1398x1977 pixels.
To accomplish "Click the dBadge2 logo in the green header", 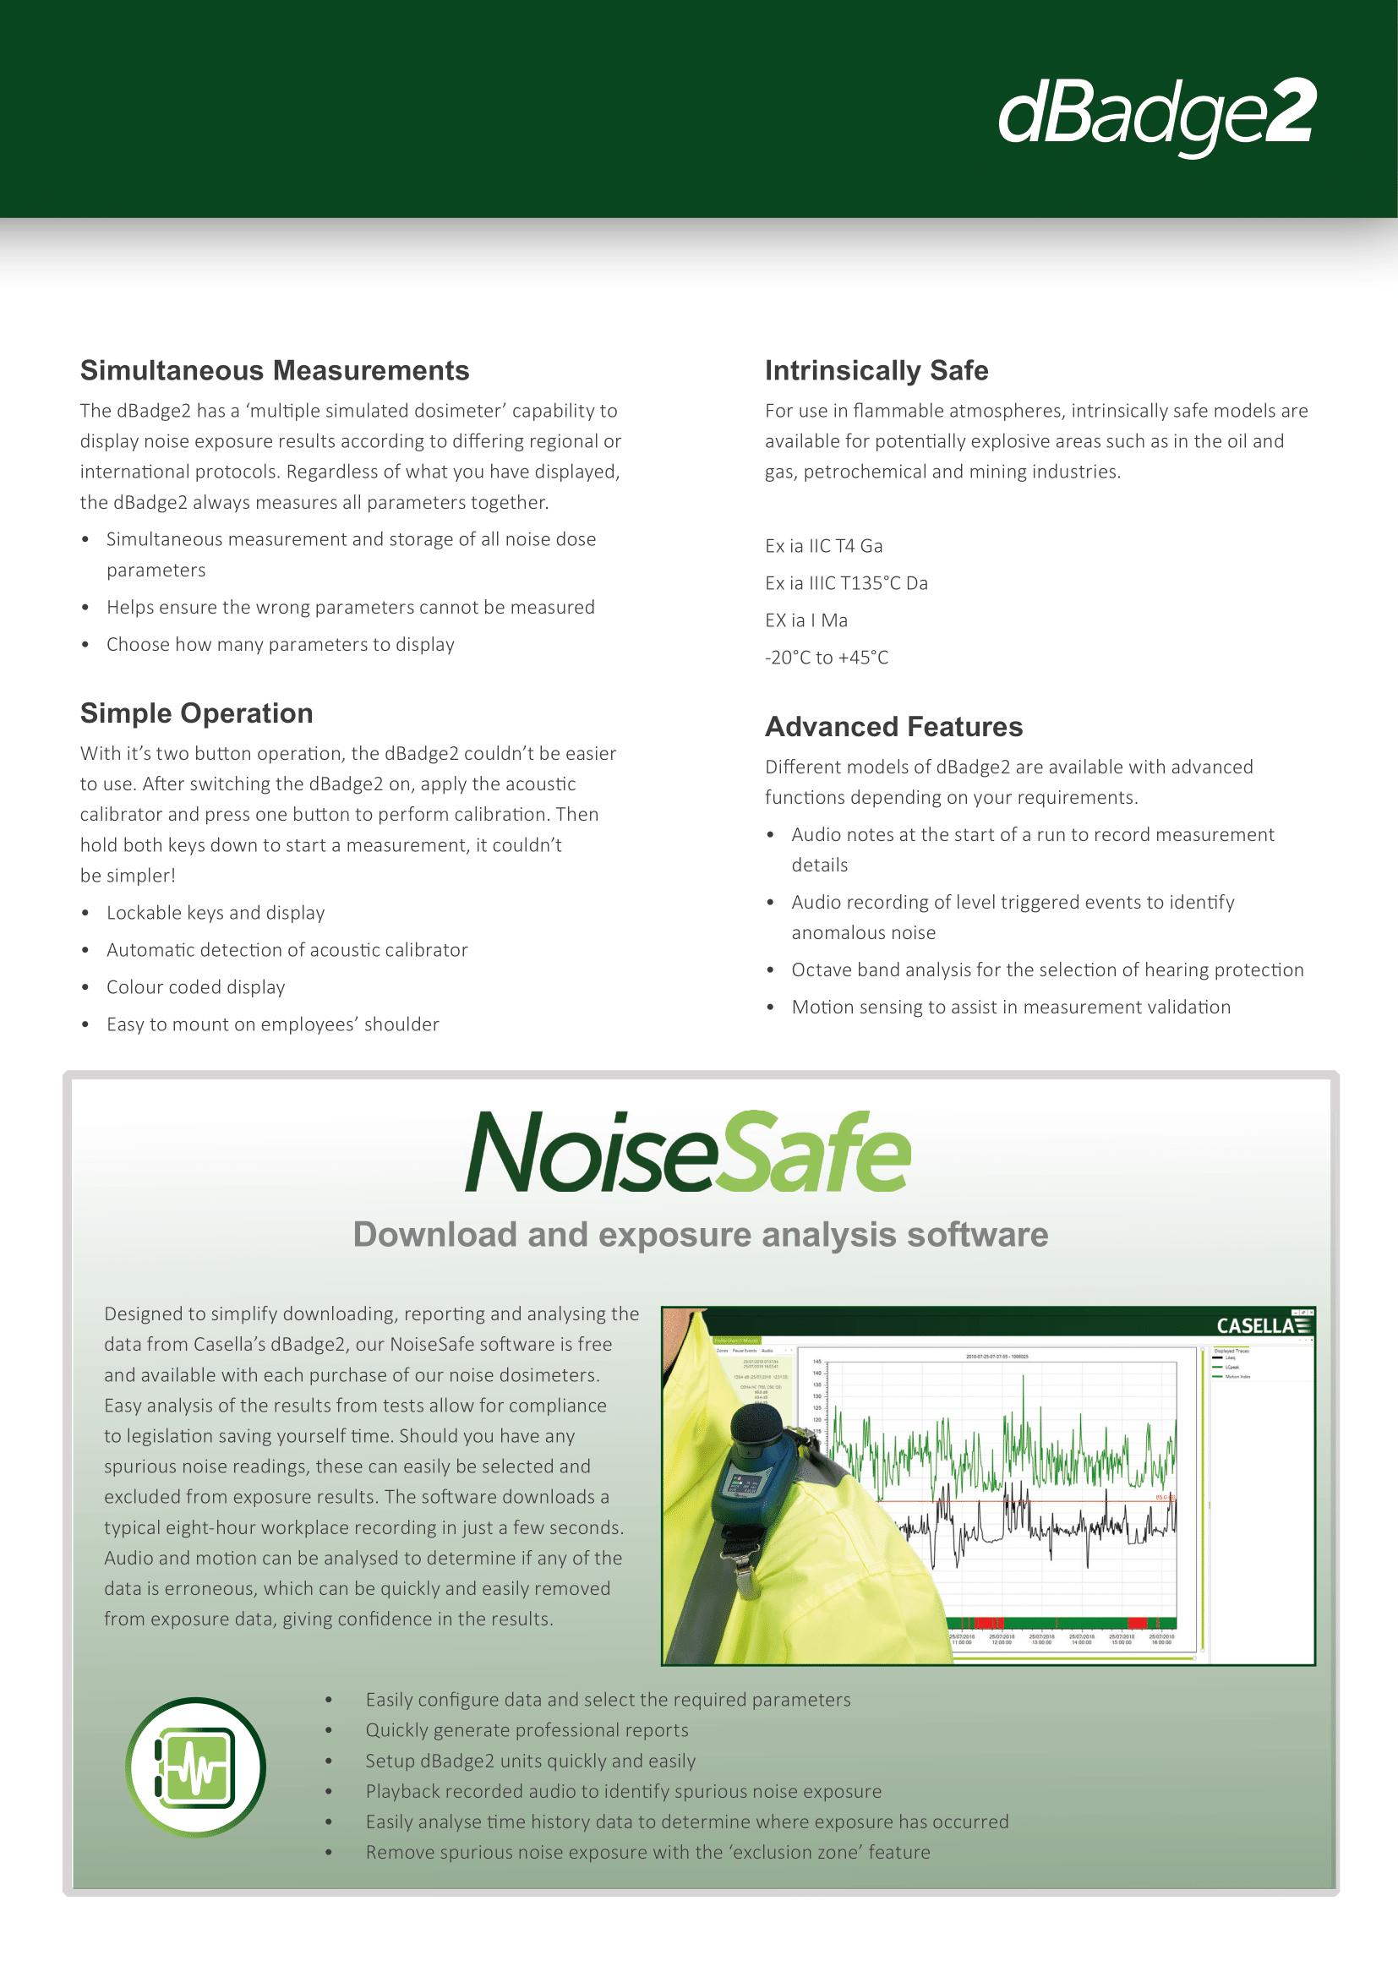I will coord(1156,114).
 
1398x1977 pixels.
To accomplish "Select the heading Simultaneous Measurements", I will coord(275,370).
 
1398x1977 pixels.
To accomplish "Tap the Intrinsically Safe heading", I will coord(876,370).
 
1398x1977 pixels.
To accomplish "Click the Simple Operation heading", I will coord(196,713).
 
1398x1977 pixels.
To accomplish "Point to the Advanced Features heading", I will coord(893,727).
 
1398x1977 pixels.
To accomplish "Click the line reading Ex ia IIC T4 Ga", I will coord(824,546).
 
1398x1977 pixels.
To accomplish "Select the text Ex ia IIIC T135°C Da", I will coord(846,583).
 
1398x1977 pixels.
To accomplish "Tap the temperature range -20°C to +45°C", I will coord(827,657).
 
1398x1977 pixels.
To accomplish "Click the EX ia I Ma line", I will coord(805,620).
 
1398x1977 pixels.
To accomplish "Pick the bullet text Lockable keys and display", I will coord(216,913).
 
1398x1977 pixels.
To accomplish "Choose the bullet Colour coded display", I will coord(195,986).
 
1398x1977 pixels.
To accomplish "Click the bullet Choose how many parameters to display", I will coord(280,644).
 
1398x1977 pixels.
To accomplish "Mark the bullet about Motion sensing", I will coord(1011,1007).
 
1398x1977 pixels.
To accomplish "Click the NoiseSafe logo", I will coord(687,1151).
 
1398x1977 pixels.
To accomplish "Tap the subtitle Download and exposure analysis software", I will coord(700,1235).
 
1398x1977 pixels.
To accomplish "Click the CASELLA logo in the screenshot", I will coord(1263,1325).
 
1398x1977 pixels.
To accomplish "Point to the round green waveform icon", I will coord(195,1767).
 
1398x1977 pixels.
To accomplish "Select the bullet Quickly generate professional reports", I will coord(527,1730).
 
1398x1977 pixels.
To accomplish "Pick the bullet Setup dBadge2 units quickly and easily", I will coord(530,1761).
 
